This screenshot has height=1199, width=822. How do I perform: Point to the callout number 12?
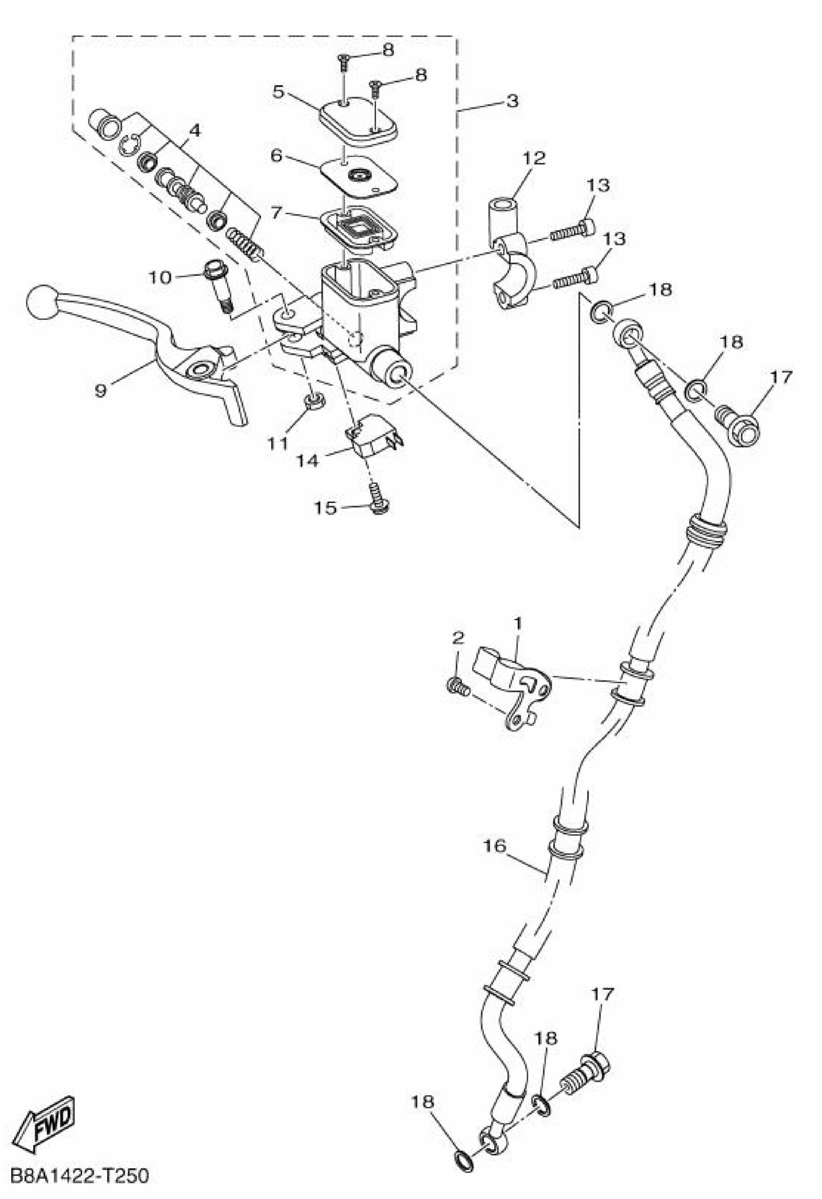[x=534, y=158]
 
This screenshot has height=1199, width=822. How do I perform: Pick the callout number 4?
[x=194, y=130]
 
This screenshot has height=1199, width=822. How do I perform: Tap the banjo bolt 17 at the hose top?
[x=737, y=423]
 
